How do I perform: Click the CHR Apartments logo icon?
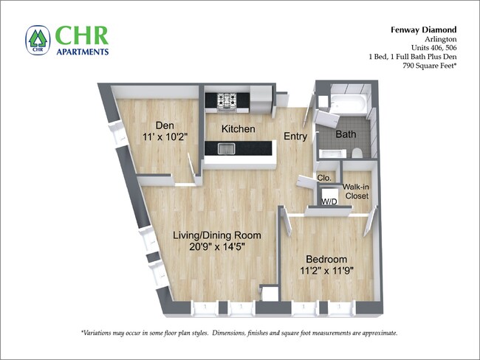tap(37, 41)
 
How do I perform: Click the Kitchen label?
tap(239, 129)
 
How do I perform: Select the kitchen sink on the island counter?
tap(225, 150)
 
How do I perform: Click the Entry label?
tap(295, 136)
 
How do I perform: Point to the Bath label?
tap(346, 135)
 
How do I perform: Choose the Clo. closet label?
tap(323, 178)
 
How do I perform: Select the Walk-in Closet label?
tap(356, 192)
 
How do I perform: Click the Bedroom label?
tap(326, 259)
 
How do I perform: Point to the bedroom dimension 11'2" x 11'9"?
tap(326, 271)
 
